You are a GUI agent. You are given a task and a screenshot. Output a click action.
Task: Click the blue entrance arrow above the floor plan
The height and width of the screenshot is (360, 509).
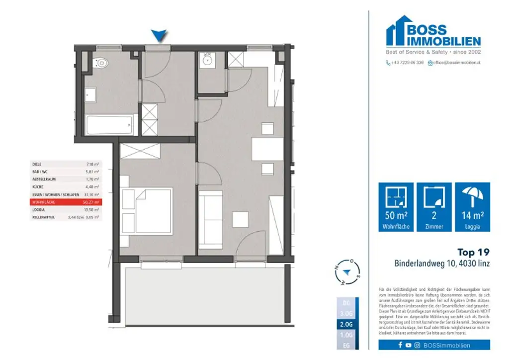[159, 35]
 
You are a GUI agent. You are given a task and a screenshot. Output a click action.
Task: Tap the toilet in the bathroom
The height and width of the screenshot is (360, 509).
[101, 63]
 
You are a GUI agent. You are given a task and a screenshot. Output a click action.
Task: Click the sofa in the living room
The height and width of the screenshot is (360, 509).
[211, 221]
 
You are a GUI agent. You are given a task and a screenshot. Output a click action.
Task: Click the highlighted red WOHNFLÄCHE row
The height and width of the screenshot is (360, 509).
[66, 202]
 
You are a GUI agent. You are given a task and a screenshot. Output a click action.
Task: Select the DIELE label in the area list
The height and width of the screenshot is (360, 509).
[37, 164]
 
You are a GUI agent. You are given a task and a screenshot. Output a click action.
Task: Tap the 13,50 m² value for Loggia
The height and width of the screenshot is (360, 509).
[92, 210]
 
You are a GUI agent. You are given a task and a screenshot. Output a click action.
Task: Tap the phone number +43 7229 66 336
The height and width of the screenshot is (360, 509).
[407, 63]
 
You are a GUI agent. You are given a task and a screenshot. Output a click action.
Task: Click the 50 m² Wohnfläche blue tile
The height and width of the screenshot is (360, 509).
[396, 207]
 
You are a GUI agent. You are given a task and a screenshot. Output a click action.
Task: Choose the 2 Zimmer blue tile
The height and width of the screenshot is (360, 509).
[434, 207]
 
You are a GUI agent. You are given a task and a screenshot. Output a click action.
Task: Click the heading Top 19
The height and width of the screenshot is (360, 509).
[473, 253]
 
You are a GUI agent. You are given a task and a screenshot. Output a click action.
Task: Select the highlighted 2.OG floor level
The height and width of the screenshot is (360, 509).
[347, 324]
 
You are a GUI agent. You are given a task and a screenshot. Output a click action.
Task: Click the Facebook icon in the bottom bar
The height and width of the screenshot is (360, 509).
[400, 345]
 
